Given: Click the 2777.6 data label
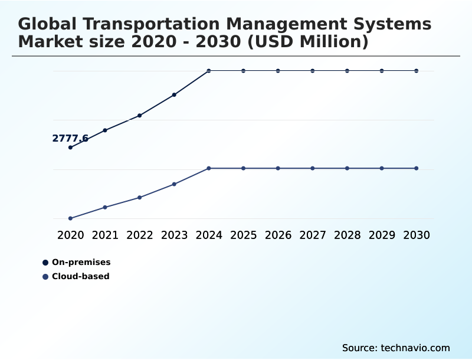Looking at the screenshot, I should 70,139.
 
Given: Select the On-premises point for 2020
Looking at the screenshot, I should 70,148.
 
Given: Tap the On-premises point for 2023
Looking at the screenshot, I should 174,94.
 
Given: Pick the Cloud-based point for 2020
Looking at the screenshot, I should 70,218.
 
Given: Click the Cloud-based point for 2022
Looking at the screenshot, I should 140,197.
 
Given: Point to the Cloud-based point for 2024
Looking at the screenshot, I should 209,168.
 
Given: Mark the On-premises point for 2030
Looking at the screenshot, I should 417,71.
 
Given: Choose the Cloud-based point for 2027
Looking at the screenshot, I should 313,168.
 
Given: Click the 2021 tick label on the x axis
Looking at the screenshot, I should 105,235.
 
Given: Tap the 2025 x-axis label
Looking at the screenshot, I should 243,235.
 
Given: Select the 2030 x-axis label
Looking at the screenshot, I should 417,235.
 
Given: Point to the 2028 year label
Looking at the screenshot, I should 347,235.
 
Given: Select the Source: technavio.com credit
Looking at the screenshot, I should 396,348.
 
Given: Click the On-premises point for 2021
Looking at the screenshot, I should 105,130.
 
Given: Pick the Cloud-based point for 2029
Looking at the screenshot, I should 382,168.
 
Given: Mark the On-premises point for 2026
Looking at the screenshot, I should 278,71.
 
